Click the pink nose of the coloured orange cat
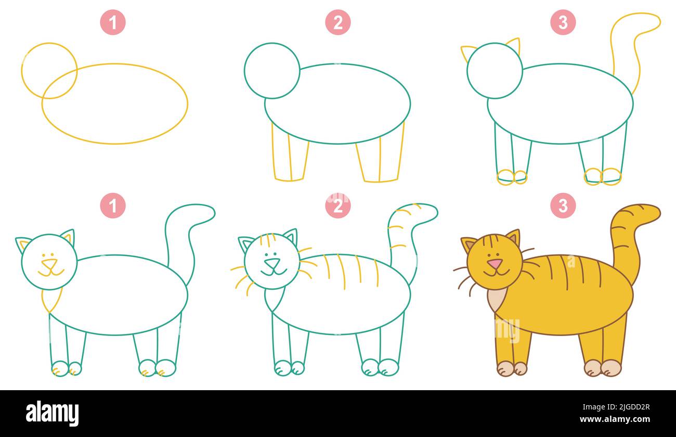(495, 263)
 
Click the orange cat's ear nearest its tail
(513, 238)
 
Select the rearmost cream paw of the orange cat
(611, 368)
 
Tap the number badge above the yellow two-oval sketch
(113, 22)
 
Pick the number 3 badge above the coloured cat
(563, 205)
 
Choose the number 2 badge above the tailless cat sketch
(338, 22)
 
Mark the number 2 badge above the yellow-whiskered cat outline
(338, 205)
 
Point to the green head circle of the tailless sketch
(272, 70)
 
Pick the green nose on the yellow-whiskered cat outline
(272, 263)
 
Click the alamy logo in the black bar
(52, 414)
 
